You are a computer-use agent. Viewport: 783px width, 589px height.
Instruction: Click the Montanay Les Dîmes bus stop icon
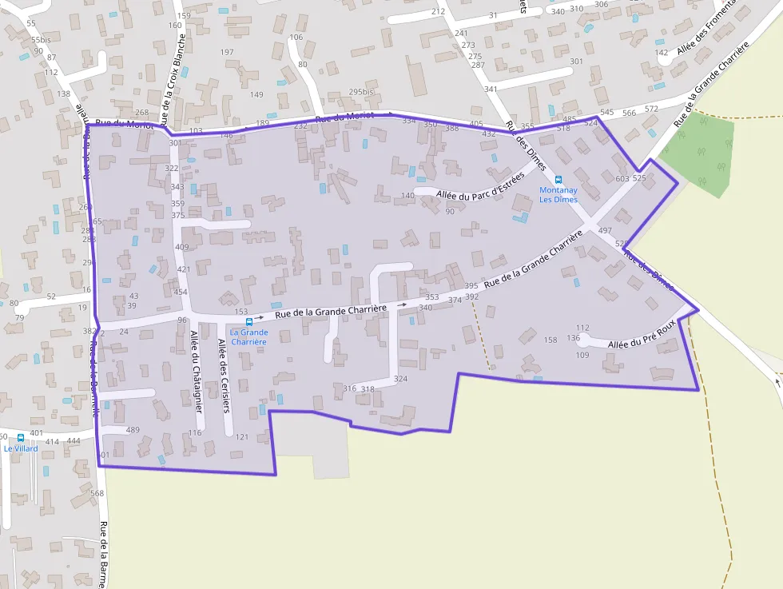coord(558,180)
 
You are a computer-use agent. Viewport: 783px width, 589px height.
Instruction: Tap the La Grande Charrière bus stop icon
coord(249,321)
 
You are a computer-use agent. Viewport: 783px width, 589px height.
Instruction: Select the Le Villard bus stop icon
coord(21,437)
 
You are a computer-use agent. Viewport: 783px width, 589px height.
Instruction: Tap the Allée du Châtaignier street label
coord(195,371)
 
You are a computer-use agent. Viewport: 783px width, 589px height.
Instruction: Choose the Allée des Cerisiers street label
coord(224,376)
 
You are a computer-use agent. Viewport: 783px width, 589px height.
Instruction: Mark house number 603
coord(623,178)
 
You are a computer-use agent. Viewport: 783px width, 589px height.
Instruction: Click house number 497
coord(605,230)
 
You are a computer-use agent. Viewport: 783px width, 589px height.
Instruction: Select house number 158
coord(550,340)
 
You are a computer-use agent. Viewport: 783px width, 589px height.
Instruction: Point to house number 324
coord(401,379)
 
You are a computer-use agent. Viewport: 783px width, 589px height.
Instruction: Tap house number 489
coord(133,430)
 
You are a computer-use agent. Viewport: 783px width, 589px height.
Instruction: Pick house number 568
coord(97,493)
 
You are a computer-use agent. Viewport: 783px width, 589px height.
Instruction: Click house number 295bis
coord(361,92)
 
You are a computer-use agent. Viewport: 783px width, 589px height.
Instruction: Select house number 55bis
coord(41,39)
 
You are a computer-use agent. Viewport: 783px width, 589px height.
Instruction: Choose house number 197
coord(227,52)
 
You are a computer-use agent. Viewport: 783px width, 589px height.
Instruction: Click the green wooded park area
coord(698,153)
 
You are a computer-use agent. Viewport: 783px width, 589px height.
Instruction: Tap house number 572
coord(652,109)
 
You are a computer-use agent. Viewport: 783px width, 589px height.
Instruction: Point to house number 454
coord(181,292)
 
